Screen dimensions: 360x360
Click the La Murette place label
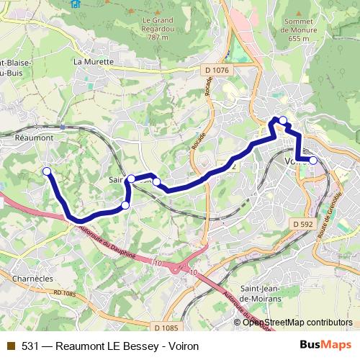coord(94,62)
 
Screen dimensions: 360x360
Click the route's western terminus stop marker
coord(47,171)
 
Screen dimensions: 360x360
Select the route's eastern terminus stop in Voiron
coord(312,161)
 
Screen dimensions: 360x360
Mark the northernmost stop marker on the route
coord(283,120)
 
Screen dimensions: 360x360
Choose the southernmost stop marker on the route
coord(125,205)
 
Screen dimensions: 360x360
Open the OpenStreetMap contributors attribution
coord(297,322)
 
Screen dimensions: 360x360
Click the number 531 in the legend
coord(29,346)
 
